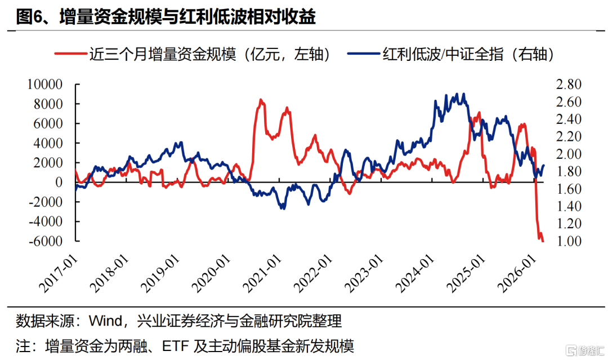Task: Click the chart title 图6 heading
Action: click(166, 17)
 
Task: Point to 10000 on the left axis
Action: click(44, 84)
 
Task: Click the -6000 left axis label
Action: click(46, 241)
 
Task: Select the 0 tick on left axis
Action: click(59, 182)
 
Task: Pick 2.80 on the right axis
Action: click(569, 84)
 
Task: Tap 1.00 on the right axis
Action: click(569, 241)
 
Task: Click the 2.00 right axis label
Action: click(569, 154)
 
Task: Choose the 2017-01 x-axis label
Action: click(59, 274)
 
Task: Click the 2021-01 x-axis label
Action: click(262, 274)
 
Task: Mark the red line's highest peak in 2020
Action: click(261, 100)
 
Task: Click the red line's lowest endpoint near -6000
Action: click(543, 241)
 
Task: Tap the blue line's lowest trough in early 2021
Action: click(283, 208)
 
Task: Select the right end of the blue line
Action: click(544, 166)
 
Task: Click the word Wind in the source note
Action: click(105, 321)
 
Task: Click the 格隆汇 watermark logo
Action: click(585, 350)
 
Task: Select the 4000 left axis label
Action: click(48, 143)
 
